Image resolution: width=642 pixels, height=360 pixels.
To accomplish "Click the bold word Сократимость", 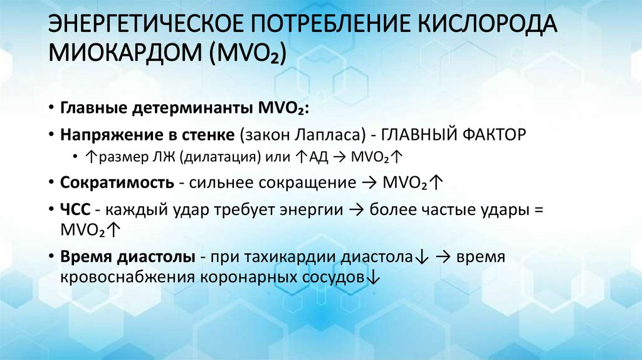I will click(117, 183).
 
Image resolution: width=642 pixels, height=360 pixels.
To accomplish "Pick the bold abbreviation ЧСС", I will click(75, 210).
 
